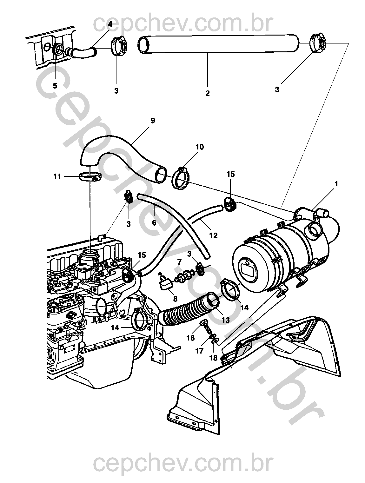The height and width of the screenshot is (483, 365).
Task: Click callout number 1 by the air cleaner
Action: (x=336, y=184)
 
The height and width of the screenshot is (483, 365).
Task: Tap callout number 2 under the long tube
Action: (x=207, y=93)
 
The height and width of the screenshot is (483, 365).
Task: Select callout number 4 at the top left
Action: (x=110, y=24)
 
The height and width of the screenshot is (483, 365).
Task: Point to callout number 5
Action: (x=55, y=86)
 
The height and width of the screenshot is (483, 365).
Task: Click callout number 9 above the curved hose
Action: (x=152, y=121)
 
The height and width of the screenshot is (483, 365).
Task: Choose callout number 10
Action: (x=200, y=147)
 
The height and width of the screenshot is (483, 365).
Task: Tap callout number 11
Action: (x=57, y=176)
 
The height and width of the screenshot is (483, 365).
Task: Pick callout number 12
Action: (x=213, y=235)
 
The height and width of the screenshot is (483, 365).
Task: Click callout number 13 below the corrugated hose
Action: (x=225, y=320)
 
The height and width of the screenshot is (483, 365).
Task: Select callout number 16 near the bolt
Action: (x=190, y=338)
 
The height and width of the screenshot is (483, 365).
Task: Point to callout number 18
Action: (x=213, y=358)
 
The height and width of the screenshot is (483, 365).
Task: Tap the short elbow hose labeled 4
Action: (x=83, y=52)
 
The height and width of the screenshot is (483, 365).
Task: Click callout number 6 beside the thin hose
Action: (x=154, y=223)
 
